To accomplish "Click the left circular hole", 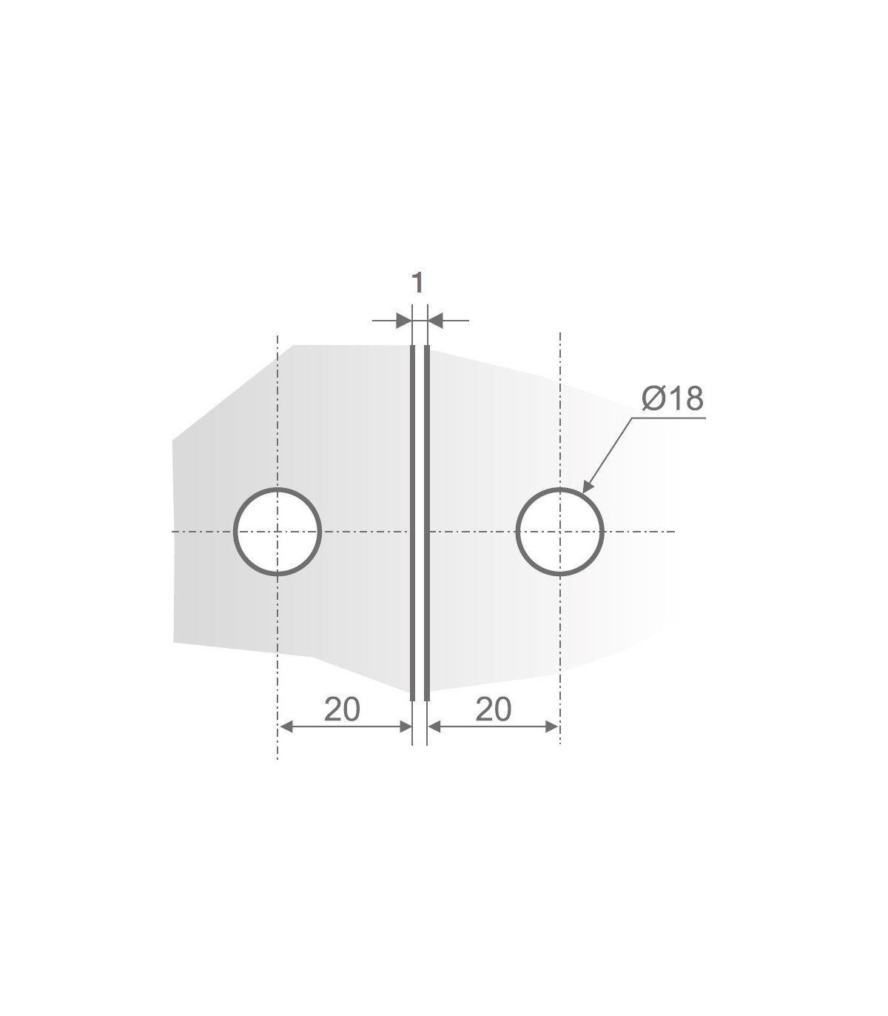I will [277, 532].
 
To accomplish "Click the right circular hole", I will [560, 532].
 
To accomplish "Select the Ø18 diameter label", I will [672, 399].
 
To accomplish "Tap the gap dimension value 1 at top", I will [417, 282].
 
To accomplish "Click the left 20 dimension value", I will [342, 709].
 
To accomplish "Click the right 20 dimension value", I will [494, 709].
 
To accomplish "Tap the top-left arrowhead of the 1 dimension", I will [404, 321].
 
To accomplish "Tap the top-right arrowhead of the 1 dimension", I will [435, 321].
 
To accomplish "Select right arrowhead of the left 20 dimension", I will [405, 727].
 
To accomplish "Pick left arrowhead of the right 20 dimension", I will [435, 727].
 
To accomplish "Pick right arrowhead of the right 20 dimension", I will [552, 727].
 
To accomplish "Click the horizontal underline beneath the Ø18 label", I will [670, 418].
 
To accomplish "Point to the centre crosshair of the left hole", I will [277, 532].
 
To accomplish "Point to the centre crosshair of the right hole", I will [560, 532].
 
